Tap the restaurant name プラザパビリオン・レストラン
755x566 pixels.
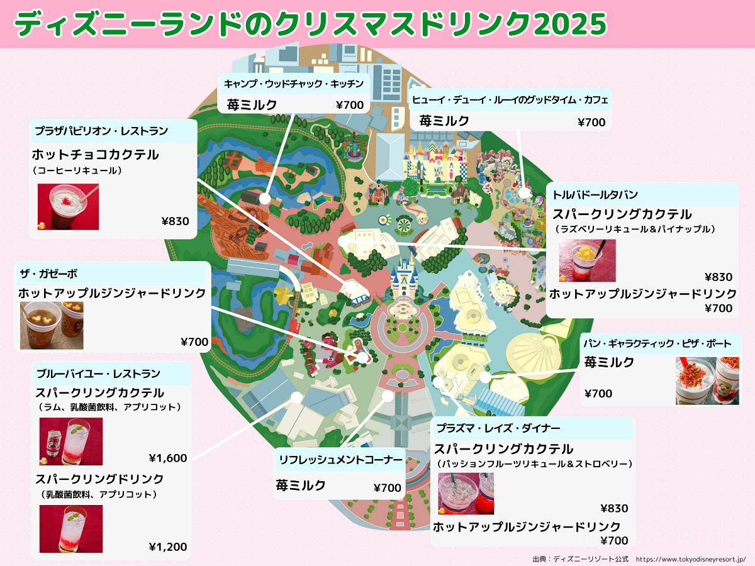pos(101,131)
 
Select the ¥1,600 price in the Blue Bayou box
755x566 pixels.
pos(168,458)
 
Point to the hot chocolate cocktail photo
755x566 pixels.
pos(68,206)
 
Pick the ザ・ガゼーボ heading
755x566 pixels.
pos(48,274)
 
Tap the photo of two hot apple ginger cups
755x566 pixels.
pos(52,325)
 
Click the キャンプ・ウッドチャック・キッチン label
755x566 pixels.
pos(294,84)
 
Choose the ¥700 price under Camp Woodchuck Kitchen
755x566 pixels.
pos(350,105)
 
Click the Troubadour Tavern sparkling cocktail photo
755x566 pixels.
pos(587,260)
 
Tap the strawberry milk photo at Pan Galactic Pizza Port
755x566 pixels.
pos(707,380)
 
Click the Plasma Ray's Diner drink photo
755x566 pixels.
pos(466,494)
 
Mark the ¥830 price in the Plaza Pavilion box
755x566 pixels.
pos(175,221)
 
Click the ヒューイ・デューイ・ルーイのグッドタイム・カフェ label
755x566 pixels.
pos(510,99)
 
